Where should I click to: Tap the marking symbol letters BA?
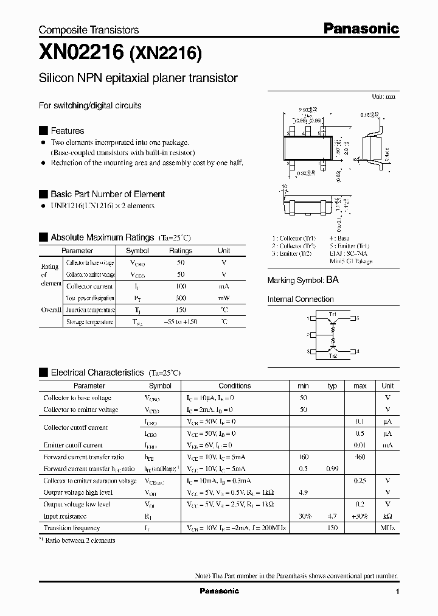(x=332, y=280)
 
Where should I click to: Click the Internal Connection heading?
(x=301, y=299)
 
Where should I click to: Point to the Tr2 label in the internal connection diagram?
(x=333, y=356)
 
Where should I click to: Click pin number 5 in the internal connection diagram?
(x=358, y=318)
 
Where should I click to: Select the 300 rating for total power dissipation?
(x=181, y=298)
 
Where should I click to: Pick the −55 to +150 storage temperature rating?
(x=181, y=322)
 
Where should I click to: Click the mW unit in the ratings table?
(x=224, y=298)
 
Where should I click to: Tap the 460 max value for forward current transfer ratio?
(x=360, y=457)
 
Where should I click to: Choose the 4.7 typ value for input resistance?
(x=332, y=516)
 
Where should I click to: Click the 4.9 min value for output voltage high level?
(x=303, y=492)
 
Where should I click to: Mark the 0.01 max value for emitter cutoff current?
(x=360, y=445)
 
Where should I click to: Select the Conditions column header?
(x=234, y=385)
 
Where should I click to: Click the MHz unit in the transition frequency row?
(x=388, y=528)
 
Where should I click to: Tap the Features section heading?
(x=67, y=131)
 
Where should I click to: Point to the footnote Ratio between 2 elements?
(x=79, y=540)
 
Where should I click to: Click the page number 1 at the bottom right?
(x=397, y=592)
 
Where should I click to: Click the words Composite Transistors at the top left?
(x=89, y=30)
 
